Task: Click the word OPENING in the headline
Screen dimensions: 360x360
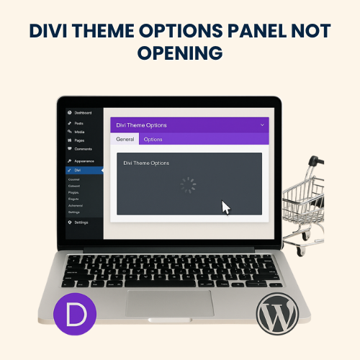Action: coord(179,54)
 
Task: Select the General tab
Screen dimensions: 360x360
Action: coord(125,139)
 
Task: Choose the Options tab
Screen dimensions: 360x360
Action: coord(153,139)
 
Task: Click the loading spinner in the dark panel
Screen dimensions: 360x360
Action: coord(187,185)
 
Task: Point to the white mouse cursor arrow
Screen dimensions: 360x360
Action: coord(225,208)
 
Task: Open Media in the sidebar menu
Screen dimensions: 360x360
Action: coord(79,132)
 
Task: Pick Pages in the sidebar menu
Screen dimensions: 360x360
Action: coord(79,140)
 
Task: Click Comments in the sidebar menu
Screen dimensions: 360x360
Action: coord(83,148)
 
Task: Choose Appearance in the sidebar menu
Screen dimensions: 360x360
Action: coord(84,161)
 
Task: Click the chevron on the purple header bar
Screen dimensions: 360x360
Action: coord(261,125)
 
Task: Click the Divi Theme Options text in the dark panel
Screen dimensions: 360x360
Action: coord(146,163)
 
